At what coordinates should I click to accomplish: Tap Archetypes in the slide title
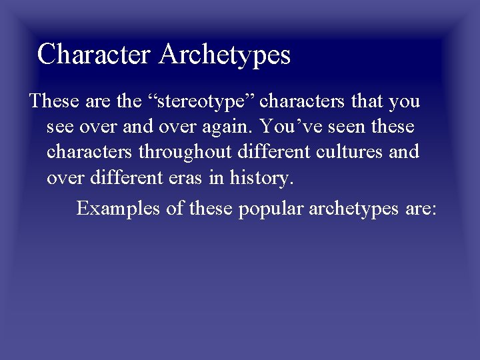point(225,55)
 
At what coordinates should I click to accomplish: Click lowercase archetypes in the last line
point(357,208)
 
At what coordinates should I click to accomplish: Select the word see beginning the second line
point(60,127)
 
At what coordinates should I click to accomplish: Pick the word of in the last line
point(175,208)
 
